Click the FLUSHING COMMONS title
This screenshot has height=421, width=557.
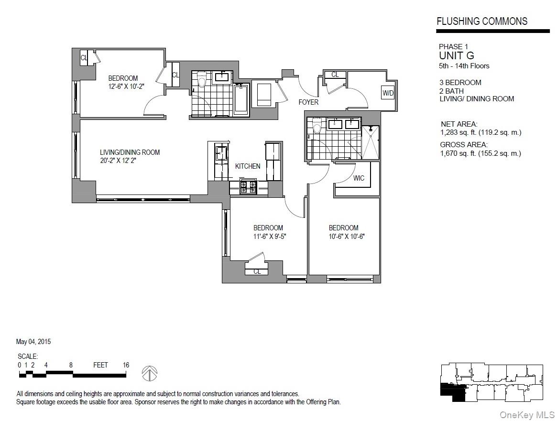482,21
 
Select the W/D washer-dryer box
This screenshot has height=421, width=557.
387,93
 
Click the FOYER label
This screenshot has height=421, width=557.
308,102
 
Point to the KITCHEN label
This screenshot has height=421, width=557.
248,166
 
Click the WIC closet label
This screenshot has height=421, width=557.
359,178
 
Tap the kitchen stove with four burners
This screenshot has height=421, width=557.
249,186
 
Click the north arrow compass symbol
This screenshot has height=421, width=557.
150,371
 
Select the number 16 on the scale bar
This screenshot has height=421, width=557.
126,365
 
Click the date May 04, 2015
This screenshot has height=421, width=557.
33,342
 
